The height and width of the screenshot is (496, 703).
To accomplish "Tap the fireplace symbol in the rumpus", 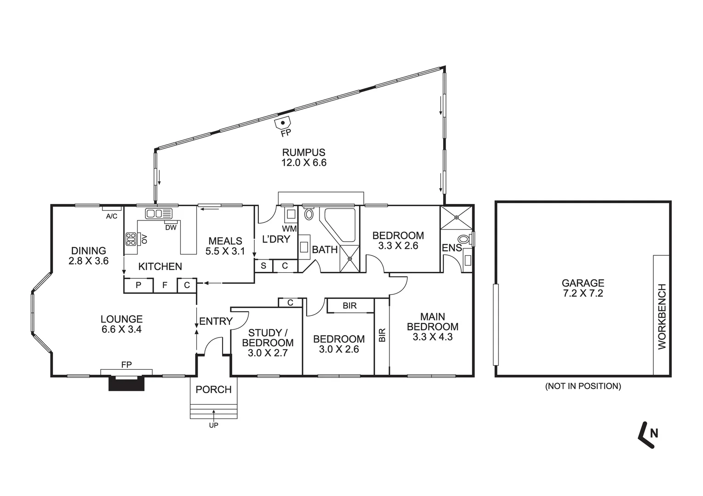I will tap(283, 124).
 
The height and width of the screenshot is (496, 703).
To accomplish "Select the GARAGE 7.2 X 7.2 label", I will tap(583, 288).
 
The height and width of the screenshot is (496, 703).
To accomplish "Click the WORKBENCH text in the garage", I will tap(662, 316).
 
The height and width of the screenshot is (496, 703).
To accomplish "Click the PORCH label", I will tap(213, 390).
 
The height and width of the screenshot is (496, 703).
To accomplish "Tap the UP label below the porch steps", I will tap(213, 425).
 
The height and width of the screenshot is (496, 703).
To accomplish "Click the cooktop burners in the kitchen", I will tap(131, 238).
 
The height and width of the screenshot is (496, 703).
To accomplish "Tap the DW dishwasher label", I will tap(171, 227).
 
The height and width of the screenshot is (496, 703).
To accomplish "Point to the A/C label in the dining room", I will tap(112, 216).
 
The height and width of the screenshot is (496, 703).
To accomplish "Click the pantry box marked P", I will tap(138, 285).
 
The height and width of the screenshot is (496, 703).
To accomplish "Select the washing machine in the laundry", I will tap(290, 214).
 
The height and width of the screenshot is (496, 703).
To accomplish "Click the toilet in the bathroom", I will tap(309, 214).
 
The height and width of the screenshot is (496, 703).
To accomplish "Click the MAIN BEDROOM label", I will tap(432, 327).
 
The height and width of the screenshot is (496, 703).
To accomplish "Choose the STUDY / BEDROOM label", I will tap(267, 343).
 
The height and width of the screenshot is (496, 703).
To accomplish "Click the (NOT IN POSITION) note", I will tap(583, 386).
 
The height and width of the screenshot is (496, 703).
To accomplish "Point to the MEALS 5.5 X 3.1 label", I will tap(225, 246).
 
